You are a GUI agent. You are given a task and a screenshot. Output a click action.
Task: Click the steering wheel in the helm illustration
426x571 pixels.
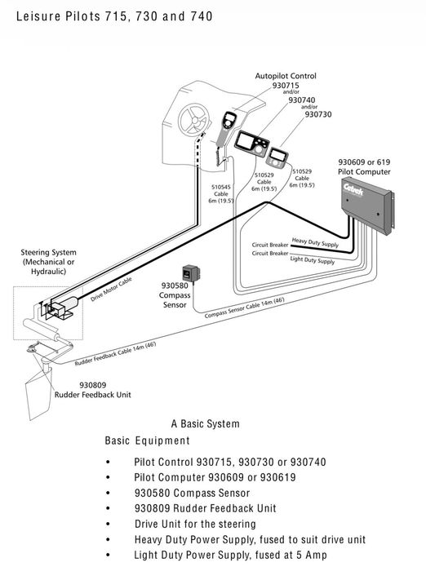[x=193, y=120]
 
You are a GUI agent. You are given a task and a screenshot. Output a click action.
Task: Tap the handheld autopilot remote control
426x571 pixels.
[x=225, y=128]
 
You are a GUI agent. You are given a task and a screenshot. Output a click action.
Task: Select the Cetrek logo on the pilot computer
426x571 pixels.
[x=353, y=189]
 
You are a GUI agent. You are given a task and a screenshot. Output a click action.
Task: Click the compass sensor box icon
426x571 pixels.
[x=191, y=273]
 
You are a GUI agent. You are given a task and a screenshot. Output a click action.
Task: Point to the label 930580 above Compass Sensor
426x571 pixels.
[x=175, y=285]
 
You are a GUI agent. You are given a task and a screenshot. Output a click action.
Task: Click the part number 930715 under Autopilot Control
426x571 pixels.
[x=286, y=86]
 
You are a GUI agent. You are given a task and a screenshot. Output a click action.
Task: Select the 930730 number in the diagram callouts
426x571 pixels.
[x=318, y=114]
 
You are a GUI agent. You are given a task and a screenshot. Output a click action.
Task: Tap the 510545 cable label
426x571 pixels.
[x=221, y=187]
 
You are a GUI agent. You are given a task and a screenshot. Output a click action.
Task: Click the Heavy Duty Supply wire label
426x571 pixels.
[x=315, y=242]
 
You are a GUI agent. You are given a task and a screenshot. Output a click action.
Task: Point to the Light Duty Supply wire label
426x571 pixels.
[x=313, y=259]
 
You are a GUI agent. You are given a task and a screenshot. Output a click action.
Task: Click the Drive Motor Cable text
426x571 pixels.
[x=111, y=289]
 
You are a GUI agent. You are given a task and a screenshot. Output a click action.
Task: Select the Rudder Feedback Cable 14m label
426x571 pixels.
[x=115, y=353]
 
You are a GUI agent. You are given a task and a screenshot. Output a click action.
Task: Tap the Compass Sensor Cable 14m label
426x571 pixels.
[x=244, y=308]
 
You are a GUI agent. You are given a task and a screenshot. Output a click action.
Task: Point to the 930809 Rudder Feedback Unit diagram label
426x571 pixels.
[x=92, y=390]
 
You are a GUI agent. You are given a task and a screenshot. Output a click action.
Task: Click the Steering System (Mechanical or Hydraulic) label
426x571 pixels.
[x=48, y=262]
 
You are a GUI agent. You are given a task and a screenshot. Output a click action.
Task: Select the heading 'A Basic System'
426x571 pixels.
[x=205, y=424]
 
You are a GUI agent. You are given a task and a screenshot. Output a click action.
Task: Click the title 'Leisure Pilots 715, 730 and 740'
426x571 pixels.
[x=114, y=16]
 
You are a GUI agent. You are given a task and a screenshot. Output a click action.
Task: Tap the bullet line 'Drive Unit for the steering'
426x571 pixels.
[x=195, y=524]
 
